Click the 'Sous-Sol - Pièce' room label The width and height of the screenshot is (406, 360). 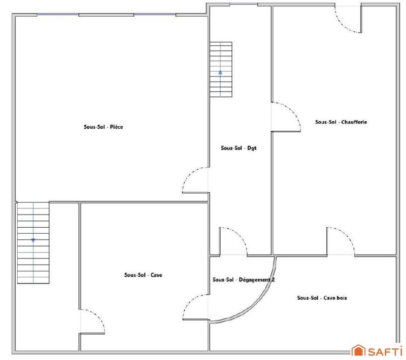(104, 127)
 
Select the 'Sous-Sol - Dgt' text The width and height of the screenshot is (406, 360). (237, 148)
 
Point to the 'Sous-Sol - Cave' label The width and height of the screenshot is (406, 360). (143, 275)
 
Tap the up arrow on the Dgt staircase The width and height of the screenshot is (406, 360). (221, 72)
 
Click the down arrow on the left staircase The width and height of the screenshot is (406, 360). (33, 240)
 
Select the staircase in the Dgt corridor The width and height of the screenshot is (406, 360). (221, 69)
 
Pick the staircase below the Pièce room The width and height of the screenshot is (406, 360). (33, 243)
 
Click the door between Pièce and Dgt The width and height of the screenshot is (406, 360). (195, 180)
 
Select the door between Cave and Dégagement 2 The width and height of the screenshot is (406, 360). (195, 307)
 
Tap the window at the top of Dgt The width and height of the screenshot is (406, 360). (240, 5)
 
